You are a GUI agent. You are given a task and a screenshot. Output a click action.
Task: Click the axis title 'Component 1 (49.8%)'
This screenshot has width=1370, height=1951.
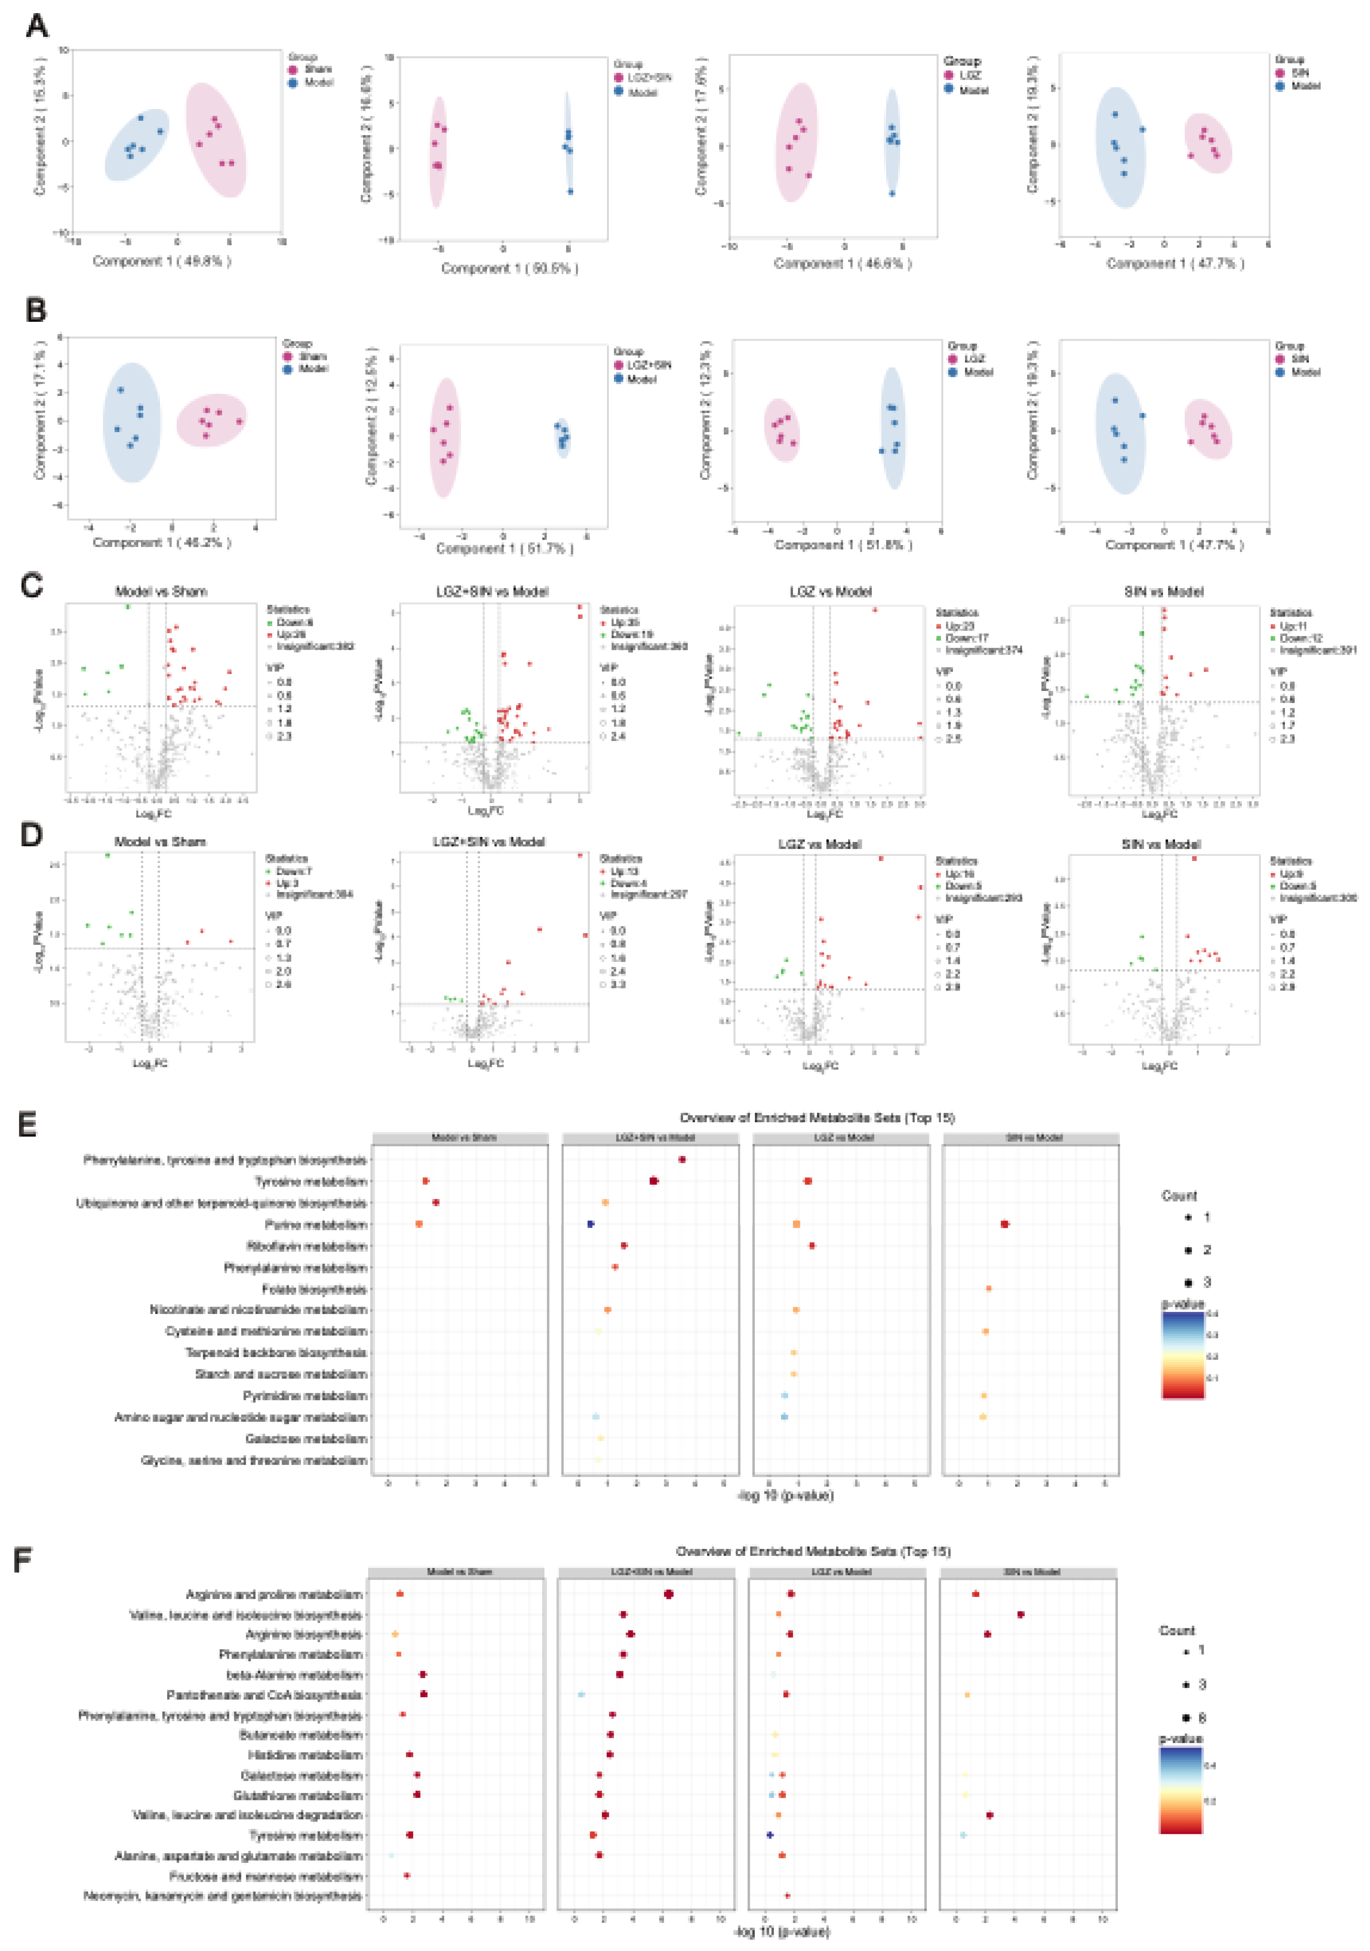pyautogui.click(x=162, y=261)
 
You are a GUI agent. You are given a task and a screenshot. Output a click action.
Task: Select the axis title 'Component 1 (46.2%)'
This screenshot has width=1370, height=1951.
pyautogui.click(x=162, y=542)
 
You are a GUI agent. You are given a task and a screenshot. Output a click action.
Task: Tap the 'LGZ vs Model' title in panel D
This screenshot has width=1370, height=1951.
pyautogui.click(x=819, y=844)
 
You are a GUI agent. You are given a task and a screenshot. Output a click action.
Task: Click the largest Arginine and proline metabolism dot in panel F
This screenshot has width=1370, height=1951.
pyautogui.click(x=669, y=1594)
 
